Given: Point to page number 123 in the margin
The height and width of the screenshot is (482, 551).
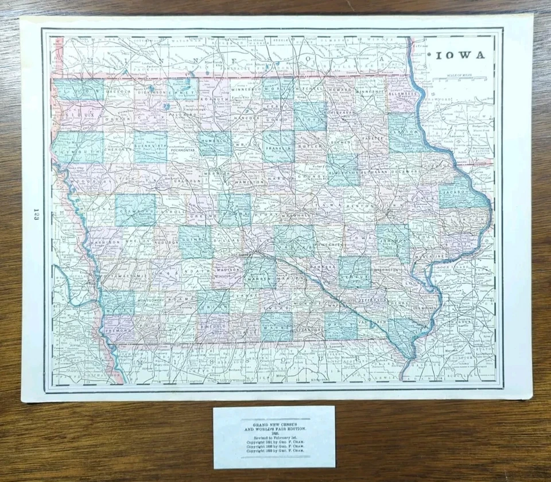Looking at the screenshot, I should [36, 217].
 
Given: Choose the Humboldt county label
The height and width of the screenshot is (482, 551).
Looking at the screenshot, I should [216, 140].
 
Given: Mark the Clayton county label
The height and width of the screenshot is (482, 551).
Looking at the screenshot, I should [406, 131].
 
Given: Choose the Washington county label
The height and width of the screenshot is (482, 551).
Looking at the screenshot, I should [386, 269].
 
